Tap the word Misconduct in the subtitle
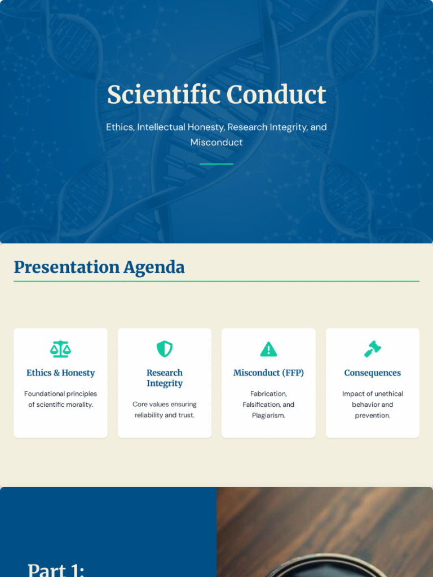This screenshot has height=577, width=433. (x=216, y=142)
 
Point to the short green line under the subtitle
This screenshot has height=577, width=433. (x=216, y=164)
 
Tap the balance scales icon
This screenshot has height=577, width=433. (x=60, y=349)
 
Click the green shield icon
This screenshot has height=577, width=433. (x=165, y=349)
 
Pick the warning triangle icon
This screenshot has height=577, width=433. (x=268, y=349)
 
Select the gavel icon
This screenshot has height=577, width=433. (x=372, y=349)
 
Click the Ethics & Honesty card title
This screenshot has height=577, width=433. (x=60, y=372)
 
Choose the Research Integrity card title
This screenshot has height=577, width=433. (x=165, y=378)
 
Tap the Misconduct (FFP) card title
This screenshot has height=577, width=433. (x=268, y=372)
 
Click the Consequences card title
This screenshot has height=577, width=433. (x=372, y=372)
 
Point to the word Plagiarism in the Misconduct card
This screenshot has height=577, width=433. (x=268, y=415)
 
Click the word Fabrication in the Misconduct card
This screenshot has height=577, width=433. (x=268, y=394)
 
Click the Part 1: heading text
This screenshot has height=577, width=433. (x=56, y=569)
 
